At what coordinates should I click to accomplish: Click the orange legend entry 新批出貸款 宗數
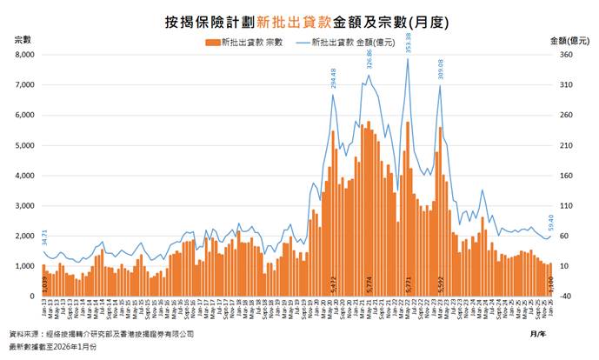click(x=245, y=42)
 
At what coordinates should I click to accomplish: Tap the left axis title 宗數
click(x=23, y=40)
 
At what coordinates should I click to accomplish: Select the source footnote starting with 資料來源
click(x=101, y=333)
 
